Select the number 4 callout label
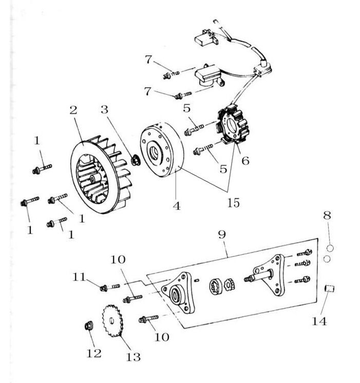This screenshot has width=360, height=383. pos(176,206)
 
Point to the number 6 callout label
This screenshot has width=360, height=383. pos(245,161)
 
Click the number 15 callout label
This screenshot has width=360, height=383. pos(233,202)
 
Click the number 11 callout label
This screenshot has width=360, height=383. pos(79,277)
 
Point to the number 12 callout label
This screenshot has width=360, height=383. pos(93,353)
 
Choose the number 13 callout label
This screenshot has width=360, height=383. pos(133,357)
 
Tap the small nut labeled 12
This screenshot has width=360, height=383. pos(88,327)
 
